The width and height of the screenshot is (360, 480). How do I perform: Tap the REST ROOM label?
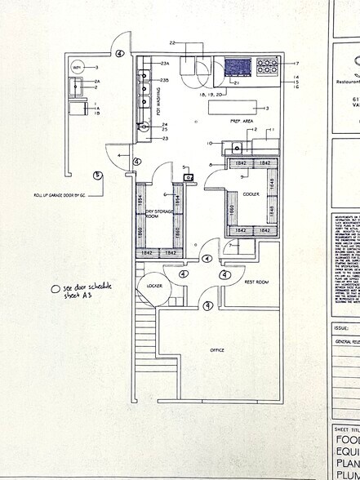[256, 282]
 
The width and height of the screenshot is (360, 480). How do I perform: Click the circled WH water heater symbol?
[78, 66]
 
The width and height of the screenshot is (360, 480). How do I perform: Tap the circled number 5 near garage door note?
[97, 175]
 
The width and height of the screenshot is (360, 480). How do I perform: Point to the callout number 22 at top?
[172, 42]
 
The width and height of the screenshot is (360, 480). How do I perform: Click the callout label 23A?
[164, 64]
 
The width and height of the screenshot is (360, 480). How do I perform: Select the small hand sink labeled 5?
[188, 176]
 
